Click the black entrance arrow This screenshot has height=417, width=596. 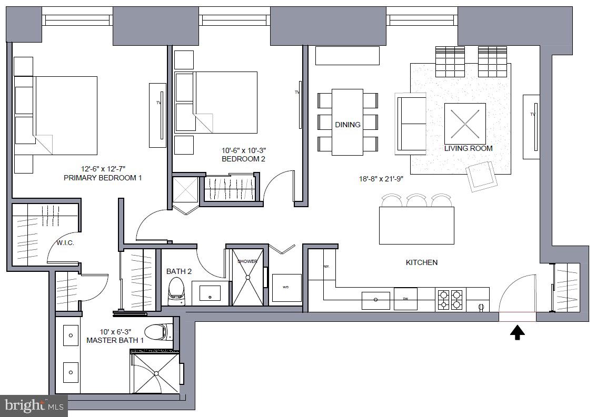518,332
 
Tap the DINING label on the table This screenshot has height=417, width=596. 347,125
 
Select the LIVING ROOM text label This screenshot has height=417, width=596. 468,148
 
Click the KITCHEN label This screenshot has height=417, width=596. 421,262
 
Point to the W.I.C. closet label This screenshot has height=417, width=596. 65,243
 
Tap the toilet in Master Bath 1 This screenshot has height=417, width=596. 157,332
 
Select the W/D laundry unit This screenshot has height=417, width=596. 286,288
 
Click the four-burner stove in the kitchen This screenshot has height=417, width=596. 450,299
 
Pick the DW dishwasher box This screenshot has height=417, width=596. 405,299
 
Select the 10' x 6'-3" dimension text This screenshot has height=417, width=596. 115,332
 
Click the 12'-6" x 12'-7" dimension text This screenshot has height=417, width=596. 103,169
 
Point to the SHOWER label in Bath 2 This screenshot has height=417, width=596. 247,261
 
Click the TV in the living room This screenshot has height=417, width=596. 531,126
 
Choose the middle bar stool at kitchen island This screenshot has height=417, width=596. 416,201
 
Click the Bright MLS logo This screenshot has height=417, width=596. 34,405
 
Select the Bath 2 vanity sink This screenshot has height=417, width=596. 211,293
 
